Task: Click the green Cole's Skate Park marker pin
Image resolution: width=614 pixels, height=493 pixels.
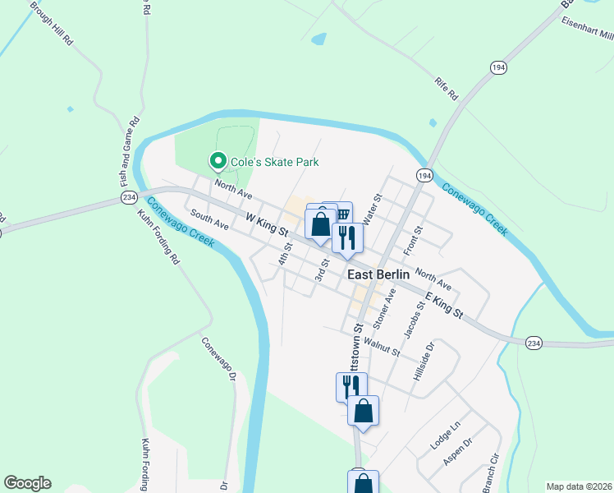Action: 218,161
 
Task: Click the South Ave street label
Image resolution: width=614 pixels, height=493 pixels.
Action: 208,218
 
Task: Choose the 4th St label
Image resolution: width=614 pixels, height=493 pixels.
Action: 285,251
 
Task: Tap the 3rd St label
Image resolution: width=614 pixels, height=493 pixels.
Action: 323,269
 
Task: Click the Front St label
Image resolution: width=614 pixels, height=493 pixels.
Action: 412,240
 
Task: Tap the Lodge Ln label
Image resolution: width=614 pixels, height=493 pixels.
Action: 446,435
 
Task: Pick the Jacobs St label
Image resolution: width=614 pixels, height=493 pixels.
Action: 414,320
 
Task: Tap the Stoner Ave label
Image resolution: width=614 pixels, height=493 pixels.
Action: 385,307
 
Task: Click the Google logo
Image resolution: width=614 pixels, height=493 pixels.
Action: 27,483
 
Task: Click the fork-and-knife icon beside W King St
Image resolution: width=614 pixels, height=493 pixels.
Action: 347,238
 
